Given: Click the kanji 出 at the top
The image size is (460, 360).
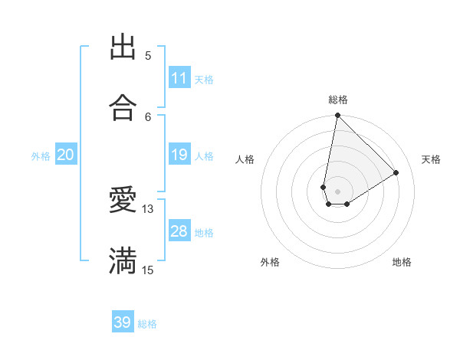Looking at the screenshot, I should pos(123,47).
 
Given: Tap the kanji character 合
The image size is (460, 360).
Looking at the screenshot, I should pos(123,108).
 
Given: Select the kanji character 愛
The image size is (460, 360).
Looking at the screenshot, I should pos(123,200).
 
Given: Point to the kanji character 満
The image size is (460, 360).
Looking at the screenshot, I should pos(123,260).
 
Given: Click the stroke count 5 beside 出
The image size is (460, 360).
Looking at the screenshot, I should pos(148,55).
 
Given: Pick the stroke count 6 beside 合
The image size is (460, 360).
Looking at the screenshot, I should pos(148,116).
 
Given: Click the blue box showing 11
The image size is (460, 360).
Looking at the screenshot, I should pos(179,78).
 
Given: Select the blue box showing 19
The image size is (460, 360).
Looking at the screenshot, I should pos(179,155).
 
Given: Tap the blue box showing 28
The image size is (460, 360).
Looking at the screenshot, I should pos(179,231).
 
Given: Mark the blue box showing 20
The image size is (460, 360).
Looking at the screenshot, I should pos(66,155).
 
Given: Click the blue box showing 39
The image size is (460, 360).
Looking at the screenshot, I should pos(123,322).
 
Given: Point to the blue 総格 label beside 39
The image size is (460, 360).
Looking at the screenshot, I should pos(147,324).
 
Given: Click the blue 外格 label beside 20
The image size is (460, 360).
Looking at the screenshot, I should pos(41,156).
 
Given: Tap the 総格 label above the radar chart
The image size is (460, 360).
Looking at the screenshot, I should pos(337,100).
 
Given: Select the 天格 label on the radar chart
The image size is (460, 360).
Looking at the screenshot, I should pos(431,159).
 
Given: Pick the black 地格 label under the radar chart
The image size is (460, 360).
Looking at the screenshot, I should pos(402,262).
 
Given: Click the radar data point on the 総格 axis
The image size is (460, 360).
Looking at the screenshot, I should pos(337,116).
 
